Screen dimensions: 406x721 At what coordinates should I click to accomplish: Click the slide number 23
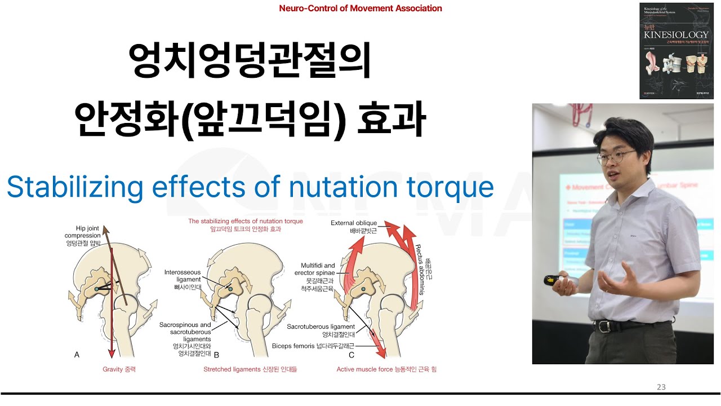(x=661, y=387)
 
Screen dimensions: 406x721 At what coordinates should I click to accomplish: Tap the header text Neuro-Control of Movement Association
(x=360, y=8)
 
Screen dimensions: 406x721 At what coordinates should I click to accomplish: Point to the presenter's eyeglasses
(x=615, y=158)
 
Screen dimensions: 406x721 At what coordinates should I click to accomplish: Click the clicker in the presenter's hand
(x=552, y=280)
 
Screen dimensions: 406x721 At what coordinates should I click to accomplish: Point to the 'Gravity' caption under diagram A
(x=119, y=369)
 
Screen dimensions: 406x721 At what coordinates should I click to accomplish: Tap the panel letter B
(x=216, y=355)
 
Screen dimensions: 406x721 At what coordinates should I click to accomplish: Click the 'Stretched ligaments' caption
(x=250, y=369)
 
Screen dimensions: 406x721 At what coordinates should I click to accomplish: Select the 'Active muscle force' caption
(x=386, y=369)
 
